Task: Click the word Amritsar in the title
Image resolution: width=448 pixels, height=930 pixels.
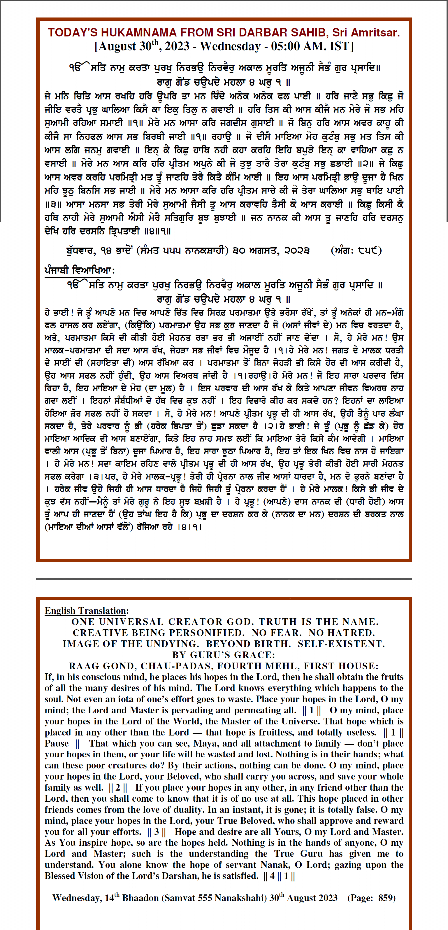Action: [x=375, y=33]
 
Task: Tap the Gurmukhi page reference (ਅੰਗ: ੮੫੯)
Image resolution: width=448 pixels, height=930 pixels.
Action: [x=356, y=251]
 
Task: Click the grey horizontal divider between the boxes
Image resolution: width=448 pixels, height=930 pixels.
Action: [x=224, y=579]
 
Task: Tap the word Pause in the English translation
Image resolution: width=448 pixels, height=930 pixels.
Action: [x=57, y=744]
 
